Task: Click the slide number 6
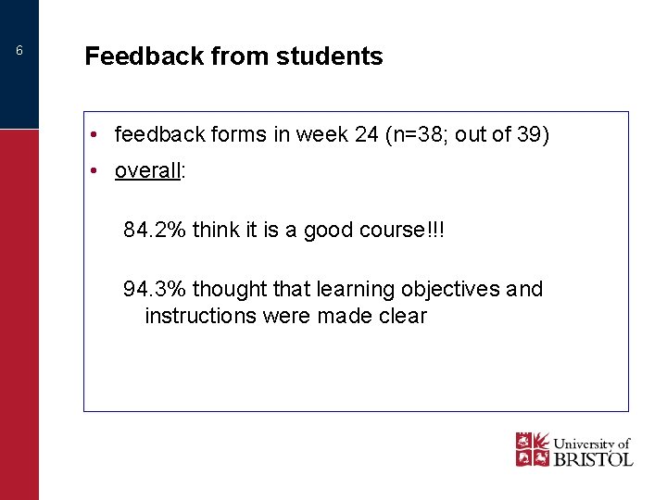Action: [x=19, y=51]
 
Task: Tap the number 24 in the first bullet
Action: [x=365, y=135]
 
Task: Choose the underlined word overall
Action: [x=147, y=171]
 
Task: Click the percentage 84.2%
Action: [x=155, y=231]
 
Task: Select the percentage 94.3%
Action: [x=155, y=290]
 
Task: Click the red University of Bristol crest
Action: [x=533, y=449]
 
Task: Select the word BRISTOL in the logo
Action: [x=593, y=457]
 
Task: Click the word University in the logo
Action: [x=584, y=443]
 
